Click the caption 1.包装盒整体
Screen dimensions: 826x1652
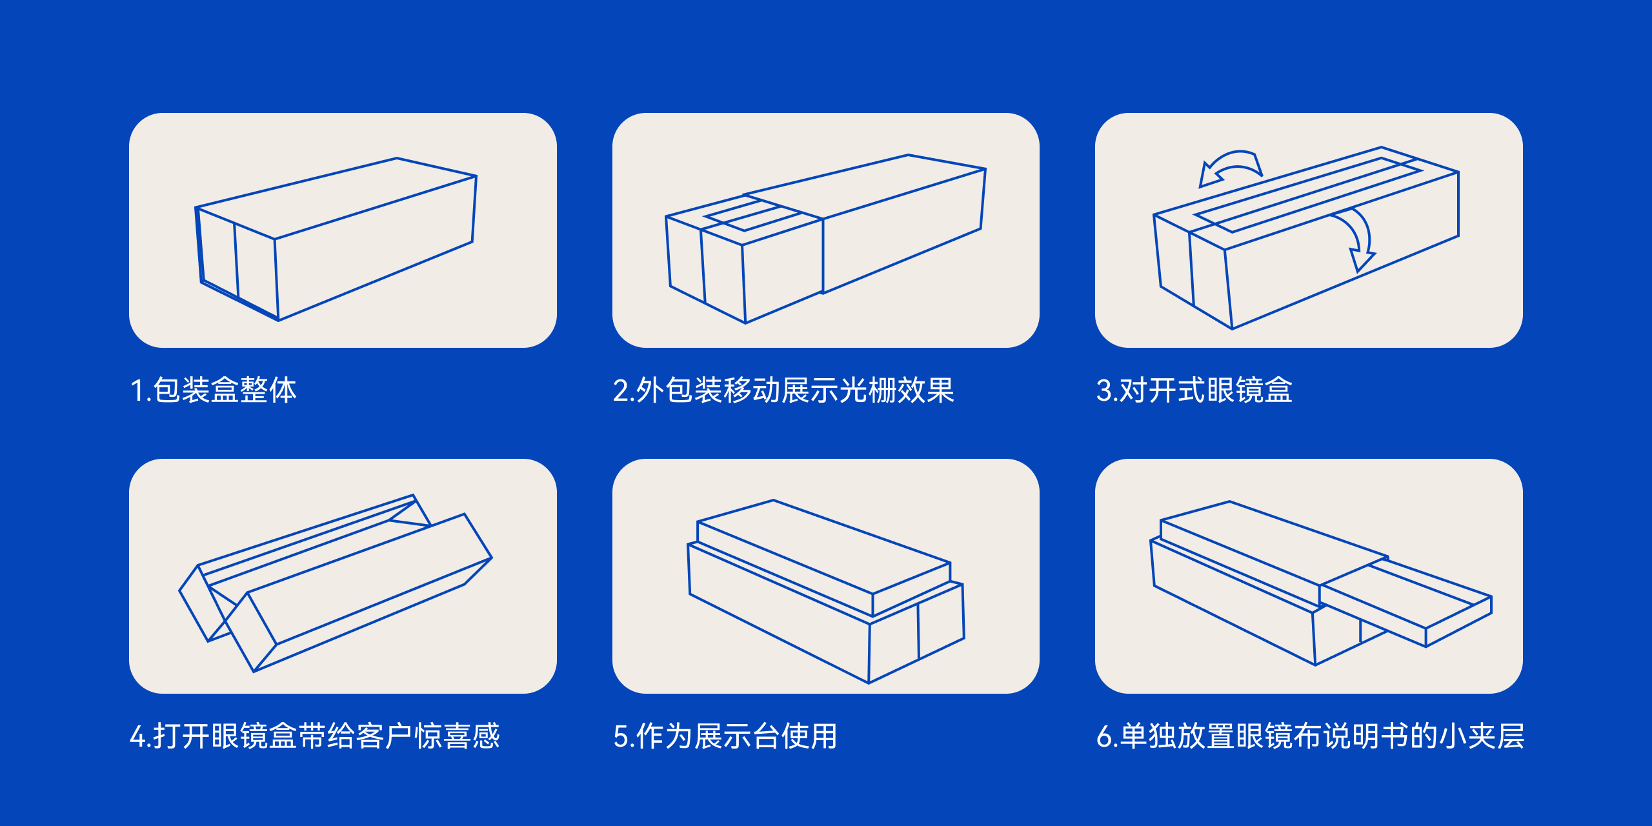pos(214,390)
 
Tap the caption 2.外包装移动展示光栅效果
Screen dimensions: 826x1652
pos(783,390)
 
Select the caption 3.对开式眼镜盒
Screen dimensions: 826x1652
pos(1194,390)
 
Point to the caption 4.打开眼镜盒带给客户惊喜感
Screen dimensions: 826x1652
pos(315,736)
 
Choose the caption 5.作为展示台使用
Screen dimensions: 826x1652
pos(725,736)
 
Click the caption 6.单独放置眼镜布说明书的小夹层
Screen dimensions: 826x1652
pos(1310,736)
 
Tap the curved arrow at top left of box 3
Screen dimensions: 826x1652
pos(1230,167)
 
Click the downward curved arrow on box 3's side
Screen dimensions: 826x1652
pos(1358,239)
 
